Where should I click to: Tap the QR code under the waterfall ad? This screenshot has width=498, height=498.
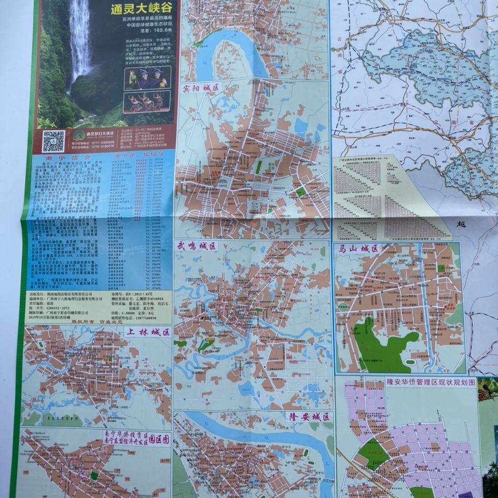pyautogui.click(x=53, y=142)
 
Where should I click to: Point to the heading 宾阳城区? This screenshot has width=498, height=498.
pyautogui.click(x=200, y=87)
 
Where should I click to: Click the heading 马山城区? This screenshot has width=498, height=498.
pyautogui.click(x=358, y=248)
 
